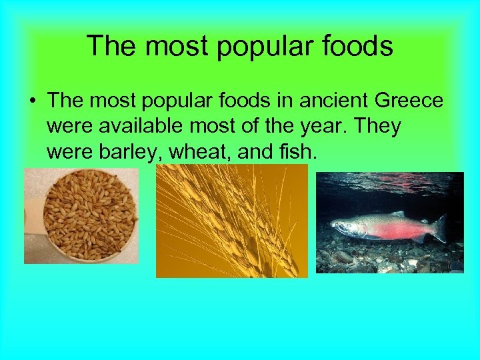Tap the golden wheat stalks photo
(231, 221)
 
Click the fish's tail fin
(439, 228)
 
